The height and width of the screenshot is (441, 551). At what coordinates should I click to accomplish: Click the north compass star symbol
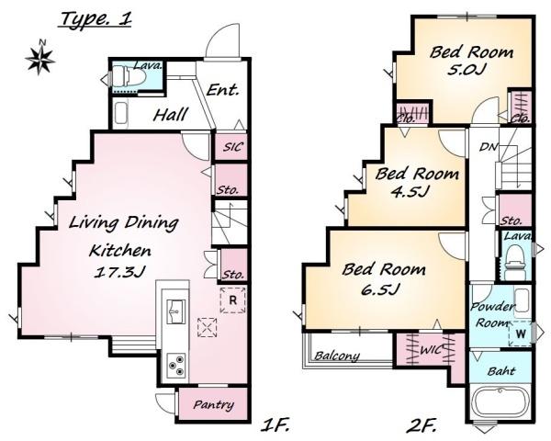pyautogui.click(x=39, y=59)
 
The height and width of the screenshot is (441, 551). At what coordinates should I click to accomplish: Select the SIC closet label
pyautogui.click(x=232, y=146)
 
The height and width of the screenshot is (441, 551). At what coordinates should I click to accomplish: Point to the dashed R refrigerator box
pyautogui.click(x=232, y=300)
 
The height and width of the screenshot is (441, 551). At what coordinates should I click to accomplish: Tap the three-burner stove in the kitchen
pyautogui.click(x=176, y=366)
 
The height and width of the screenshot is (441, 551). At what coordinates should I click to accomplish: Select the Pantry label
pyautogui.click(x=214, y=405)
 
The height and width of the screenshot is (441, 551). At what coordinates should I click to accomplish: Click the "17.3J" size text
pyautogui.click(x=119, y=272)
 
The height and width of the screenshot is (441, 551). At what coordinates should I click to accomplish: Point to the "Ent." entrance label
pyautogui.click(x=223, y=90)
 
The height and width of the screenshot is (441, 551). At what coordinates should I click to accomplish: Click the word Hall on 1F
pyautogui.click(x=171, y=115)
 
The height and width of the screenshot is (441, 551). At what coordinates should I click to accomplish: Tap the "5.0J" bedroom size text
pyautogui.click(x=467, y=69)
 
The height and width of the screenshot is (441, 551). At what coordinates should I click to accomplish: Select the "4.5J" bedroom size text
pyautogui.click(x=410, y=192)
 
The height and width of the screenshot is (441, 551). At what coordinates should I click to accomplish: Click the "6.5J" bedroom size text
pyautogui.click(x=380, y=289)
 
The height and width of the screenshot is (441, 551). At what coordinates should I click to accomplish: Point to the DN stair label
pyautogui.click(x=489, y=147)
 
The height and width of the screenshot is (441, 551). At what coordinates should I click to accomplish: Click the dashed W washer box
pyautogui.click(x=520, y=334)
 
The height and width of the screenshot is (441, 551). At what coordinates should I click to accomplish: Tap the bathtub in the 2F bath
pyautogui.click(x=500, y=403)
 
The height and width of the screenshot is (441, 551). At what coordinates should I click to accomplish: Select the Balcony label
pyautogui.click(x=337, y=356)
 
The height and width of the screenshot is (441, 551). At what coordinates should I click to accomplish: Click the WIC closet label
pyautogui.click(x=432, y=350)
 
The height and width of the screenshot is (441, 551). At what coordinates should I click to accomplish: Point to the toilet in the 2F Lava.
pyautogui.click(x=515, y=259)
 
